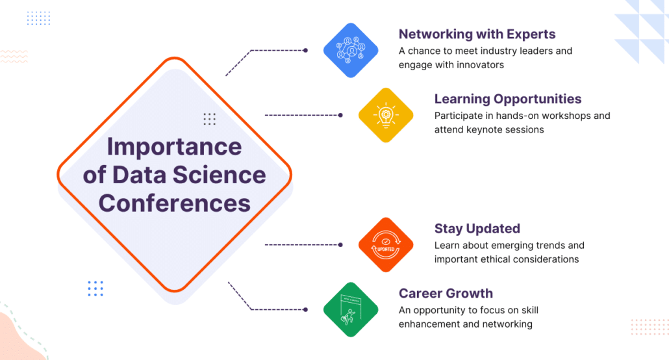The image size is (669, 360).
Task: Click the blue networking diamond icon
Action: pos(351,51)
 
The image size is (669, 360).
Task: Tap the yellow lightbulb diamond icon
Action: pos(386,115)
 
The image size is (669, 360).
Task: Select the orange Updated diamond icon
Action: pos(386,245)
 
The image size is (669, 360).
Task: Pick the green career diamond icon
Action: pos(351,309)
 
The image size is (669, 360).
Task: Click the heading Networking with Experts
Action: pos(477,34)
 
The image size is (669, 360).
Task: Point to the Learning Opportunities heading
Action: pos(508,99)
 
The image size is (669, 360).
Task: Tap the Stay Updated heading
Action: pos(477,229)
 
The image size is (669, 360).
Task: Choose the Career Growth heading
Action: pos(446,293)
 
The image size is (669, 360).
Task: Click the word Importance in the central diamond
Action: pos(174,148)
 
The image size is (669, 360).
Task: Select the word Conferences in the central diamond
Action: pos(175,203)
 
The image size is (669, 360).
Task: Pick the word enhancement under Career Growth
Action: pos(429,324)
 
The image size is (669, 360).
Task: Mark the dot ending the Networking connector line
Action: pos(305,51)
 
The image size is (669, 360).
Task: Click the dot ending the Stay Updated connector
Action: pos(340,245)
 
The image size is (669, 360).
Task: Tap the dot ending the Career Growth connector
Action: pos(305,309)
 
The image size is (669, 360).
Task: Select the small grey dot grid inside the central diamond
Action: pos(210,119)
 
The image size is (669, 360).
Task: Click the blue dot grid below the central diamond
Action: pos(95,289)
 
